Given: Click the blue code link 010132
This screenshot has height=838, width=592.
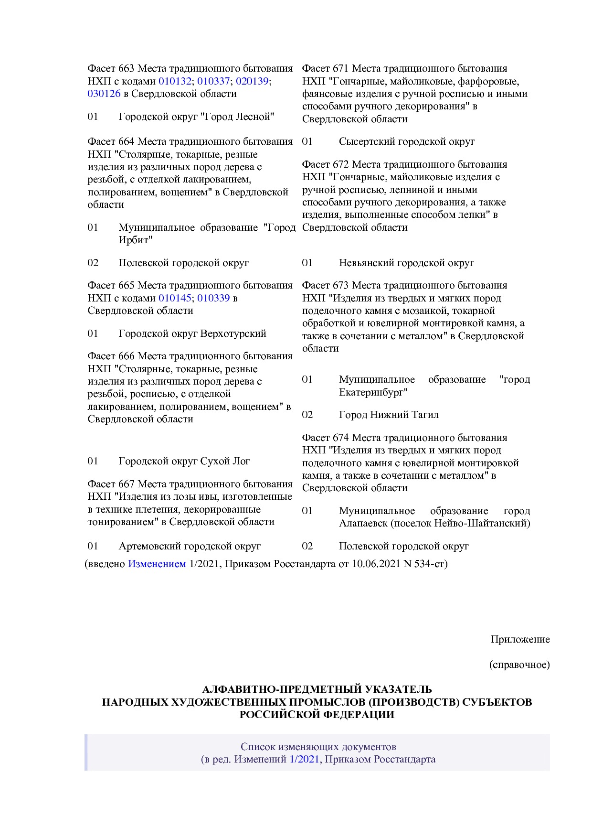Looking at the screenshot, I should click(x=175, y=81).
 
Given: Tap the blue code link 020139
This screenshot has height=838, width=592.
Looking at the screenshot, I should click(x=252, y=81).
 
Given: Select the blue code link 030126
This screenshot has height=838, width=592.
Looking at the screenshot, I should click(x=104, y=94).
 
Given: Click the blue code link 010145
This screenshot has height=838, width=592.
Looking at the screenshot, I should click(x=175, y=298).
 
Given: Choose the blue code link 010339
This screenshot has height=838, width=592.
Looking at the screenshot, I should click(x=213, y=298).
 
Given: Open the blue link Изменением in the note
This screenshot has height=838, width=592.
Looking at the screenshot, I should click(x=157, y=564).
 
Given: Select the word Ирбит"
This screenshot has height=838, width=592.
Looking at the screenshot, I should click(x=135, y=240).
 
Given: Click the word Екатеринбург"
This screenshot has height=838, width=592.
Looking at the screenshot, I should click(x=373, y=392).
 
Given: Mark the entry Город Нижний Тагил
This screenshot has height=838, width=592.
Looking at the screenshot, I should click(x=389, y=415).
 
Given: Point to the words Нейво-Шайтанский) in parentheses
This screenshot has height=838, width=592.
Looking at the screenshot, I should click(x=482, y=523).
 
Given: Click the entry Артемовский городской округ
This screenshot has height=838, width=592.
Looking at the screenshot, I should click(x=190, y=546).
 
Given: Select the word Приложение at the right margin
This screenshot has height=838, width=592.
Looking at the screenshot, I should click(x=520, y=639).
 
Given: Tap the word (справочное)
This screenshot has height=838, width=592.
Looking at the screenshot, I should click(x=519, y=665).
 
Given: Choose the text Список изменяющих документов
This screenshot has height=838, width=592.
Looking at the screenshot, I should click(x=318, y=747).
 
